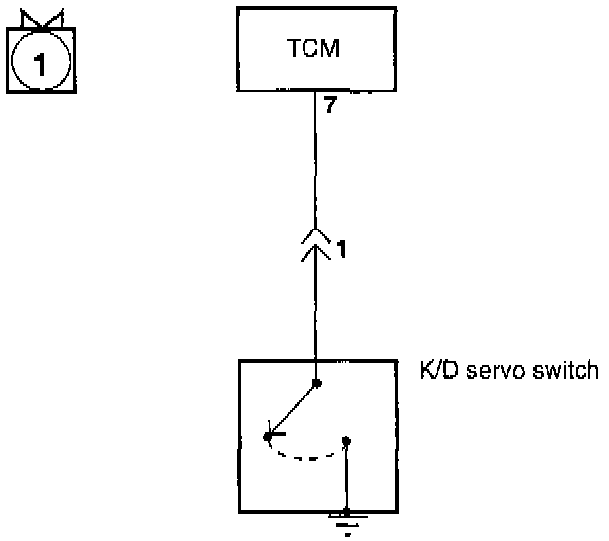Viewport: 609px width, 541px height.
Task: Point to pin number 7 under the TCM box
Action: click(x=330, y=106)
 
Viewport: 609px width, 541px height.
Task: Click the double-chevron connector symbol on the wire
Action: click(x=315, y=245)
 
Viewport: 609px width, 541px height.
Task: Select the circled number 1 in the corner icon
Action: click(x=39, y=64)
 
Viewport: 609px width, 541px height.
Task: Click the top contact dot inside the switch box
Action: click(x=315, y=384)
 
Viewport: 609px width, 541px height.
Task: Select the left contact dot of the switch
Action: click(x=266, y=437)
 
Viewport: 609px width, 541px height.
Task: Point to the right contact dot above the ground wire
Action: click(x=345, y=441)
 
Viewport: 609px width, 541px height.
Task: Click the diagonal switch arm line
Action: click(x=292, y=409)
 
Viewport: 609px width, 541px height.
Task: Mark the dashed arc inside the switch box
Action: click(x=304, y=455)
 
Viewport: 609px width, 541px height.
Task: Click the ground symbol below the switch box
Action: click(x=345, y=522)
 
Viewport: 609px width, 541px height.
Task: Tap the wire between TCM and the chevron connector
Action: click(x=315, y=166)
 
